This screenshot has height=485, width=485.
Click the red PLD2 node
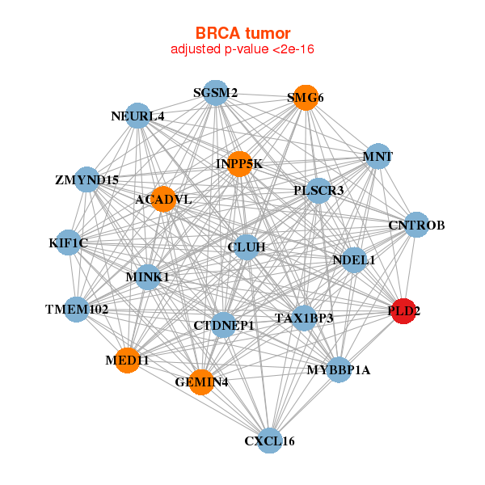click(x=404, y=310)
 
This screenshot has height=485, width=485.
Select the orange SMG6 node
click(x=306, y=98)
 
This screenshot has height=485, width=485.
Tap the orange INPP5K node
click(x=239, y=164)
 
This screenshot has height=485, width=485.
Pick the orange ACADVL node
click(x=163, y=199)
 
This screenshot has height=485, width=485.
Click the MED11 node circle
click(x=127, y=360)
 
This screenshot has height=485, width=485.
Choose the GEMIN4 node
click(x=201, y=382)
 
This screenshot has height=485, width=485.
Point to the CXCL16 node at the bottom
click(x=270, y=441)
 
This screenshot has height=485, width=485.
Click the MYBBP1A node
click(x=339, y=369)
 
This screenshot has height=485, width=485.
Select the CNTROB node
click(x=416, y=225)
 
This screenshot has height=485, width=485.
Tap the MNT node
click(x=377, y=155)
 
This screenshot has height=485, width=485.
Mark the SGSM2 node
click(x=215, y=93)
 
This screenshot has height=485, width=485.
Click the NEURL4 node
click(x=137, y=116)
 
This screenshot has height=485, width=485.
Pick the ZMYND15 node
click(x=87, y=179)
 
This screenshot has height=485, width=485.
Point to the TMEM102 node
click(x=77, y=309)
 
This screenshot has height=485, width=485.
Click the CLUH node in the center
click(x=247, y=246)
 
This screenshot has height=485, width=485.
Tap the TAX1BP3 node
click(x=304, y=317)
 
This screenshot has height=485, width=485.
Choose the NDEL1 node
click(x=354, y=259)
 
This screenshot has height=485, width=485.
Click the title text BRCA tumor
click(x=242, y=33)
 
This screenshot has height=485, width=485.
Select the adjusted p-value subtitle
click(x=242, y=49)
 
